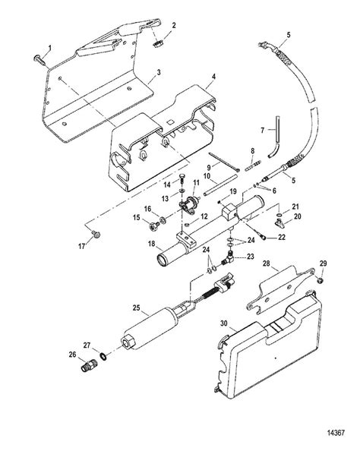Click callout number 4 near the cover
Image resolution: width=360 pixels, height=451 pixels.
[214, 76]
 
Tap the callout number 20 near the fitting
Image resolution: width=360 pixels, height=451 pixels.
[298, 217]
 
